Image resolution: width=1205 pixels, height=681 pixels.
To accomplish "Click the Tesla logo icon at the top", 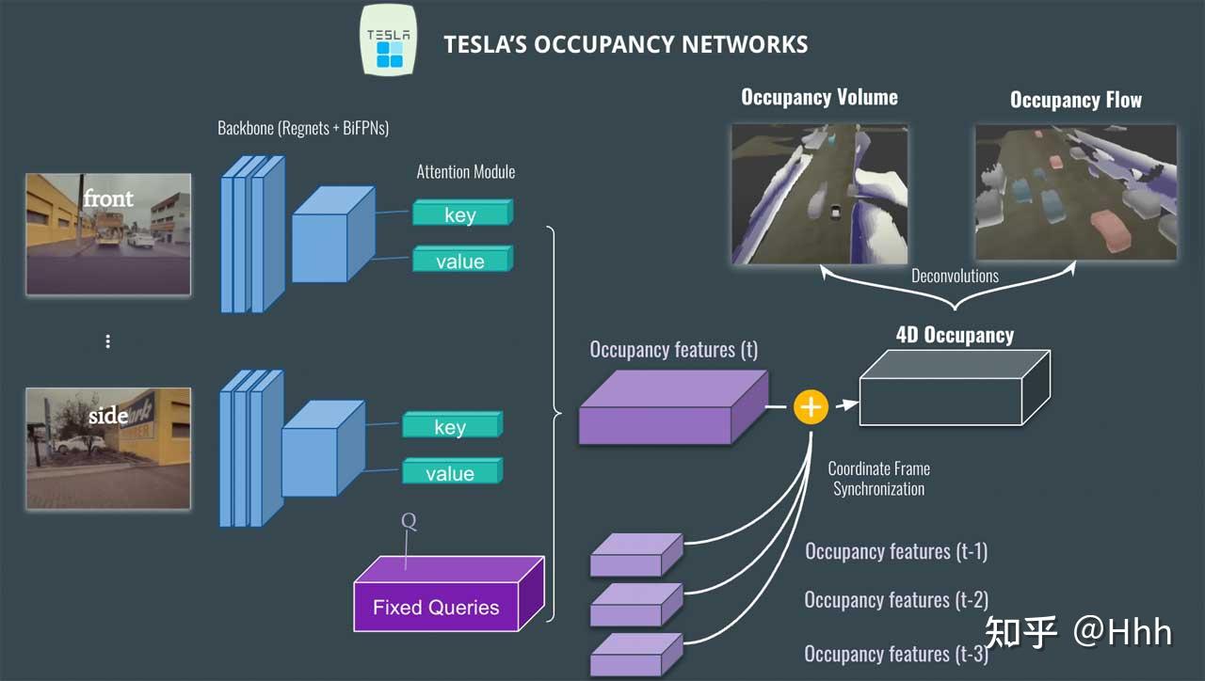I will pyautogui.click(x=389, y=40).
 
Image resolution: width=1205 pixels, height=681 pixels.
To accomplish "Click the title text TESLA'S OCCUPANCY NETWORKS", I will pyautogui.click(x=625, y=44).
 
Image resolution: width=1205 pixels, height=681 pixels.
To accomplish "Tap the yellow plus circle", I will pyautogui.click(x=810, y=406).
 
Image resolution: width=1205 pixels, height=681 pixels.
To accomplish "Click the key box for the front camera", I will pyautogui.click(x=461, y=214).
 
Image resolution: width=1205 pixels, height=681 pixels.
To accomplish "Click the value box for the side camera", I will pyautogui.click(x=451, y=472).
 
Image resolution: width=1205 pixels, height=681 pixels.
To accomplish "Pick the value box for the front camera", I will pyautogui.click(x=461, y=261).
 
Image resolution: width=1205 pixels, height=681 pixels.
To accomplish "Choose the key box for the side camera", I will pyautogui.click(x=451, y=426).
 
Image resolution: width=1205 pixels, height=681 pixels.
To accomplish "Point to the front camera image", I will pyautogui.click(x=108, y=233).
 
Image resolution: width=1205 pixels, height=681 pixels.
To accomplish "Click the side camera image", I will pyautogui.click(x=108, y=448).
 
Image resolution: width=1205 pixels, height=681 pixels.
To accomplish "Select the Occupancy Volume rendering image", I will pyautogui.click(x=819, y=193).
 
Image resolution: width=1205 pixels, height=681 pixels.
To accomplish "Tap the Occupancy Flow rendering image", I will pyautogui.click(x=1075, y=193).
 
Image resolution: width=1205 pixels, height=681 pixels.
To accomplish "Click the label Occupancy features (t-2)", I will pyautogui.click(x=895, y=600).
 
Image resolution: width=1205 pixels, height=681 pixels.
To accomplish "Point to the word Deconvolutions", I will pyautogui.click(x=954, y=276).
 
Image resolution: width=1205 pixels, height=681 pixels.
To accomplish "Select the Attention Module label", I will pyautogui.click(x=465, y=172).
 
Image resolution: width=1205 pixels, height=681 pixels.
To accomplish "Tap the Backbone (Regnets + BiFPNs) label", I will pyautogui.click(x=302, y=128).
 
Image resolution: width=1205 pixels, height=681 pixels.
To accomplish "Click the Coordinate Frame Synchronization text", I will pyautogui.click(x=878, y=479).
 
